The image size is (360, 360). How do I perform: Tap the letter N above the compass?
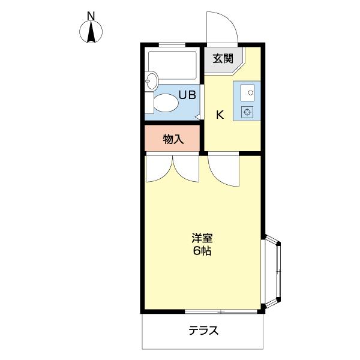point(91,15)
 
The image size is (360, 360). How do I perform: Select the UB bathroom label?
point(187,95)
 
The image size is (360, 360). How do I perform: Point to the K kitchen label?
point(220,115)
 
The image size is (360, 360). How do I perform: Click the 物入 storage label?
point(173,139)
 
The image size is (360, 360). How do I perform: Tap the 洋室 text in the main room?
point(202,238)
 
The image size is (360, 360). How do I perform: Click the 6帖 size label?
point(202,251)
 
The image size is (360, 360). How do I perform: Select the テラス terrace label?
point(203,330)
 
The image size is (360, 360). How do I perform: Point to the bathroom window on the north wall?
point(172,44)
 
